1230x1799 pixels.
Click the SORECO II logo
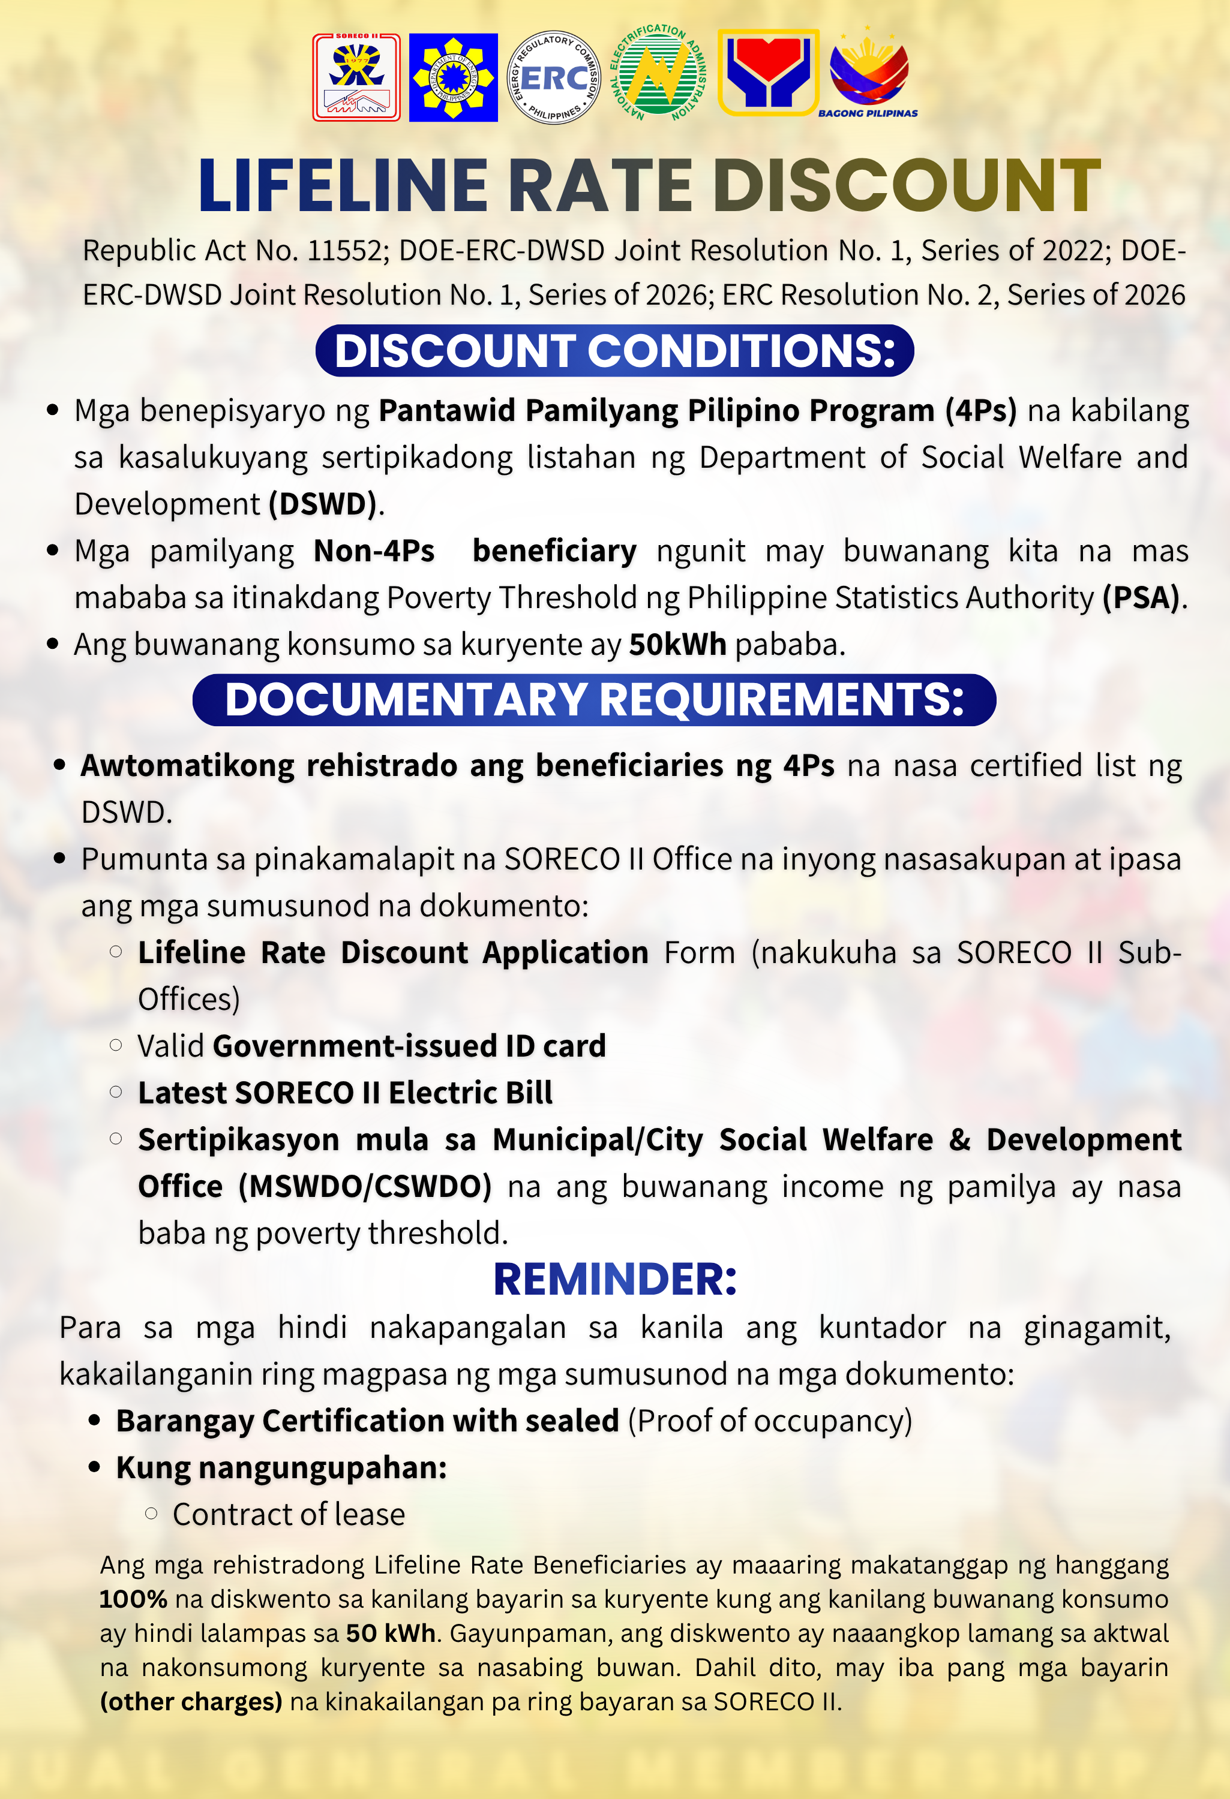356,77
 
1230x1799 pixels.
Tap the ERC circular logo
553,77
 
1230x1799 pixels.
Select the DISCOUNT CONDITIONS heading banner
614,351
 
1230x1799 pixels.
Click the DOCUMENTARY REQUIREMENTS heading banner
594,700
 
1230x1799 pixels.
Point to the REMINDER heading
615,1280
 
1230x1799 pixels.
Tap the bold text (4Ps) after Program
980,410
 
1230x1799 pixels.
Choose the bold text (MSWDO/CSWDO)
365,1186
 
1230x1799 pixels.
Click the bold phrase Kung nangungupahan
281,1468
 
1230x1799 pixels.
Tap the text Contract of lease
288,1514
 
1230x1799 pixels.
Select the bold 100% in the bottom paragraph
133,1599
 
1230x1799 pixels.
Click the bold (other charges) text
191,1701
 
